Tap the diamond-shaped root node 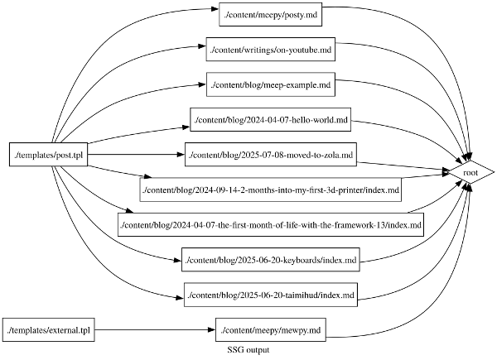470,172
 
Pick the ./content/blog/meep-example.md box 271,85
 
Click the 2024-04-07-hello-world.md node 270,121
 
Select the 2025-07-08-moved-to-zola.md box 271,155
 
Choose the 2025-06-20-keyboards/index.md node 271,261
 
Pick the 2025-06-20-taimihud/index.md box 271,295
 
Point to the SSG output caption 248,351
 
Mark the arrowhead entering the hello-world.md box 186,127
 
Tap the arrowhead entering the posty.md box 215,16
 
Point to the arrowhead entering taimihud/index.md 178,295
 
